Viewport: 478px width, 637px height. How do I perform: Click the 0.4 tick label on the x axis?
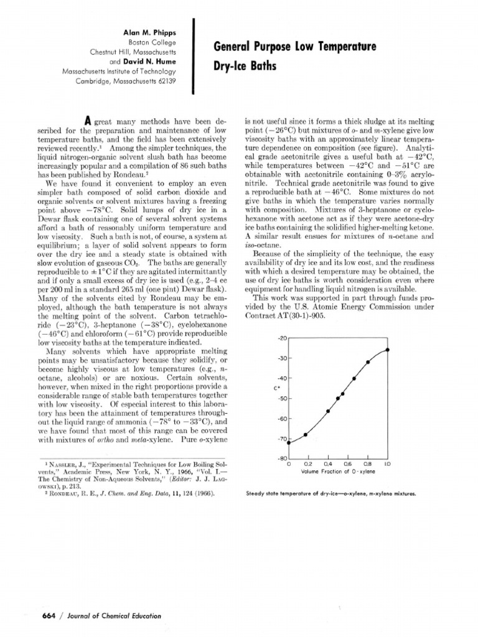click(x=328, y=464)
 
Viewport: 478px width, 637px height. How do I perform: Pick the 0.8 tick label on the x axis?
click(x=367, y=464)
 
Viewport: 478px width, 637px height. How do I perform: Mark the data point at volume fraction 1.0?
click(x=388, y=350)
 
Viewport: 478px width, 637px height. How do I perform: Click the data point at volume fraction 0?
click(x=289, y=442)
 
